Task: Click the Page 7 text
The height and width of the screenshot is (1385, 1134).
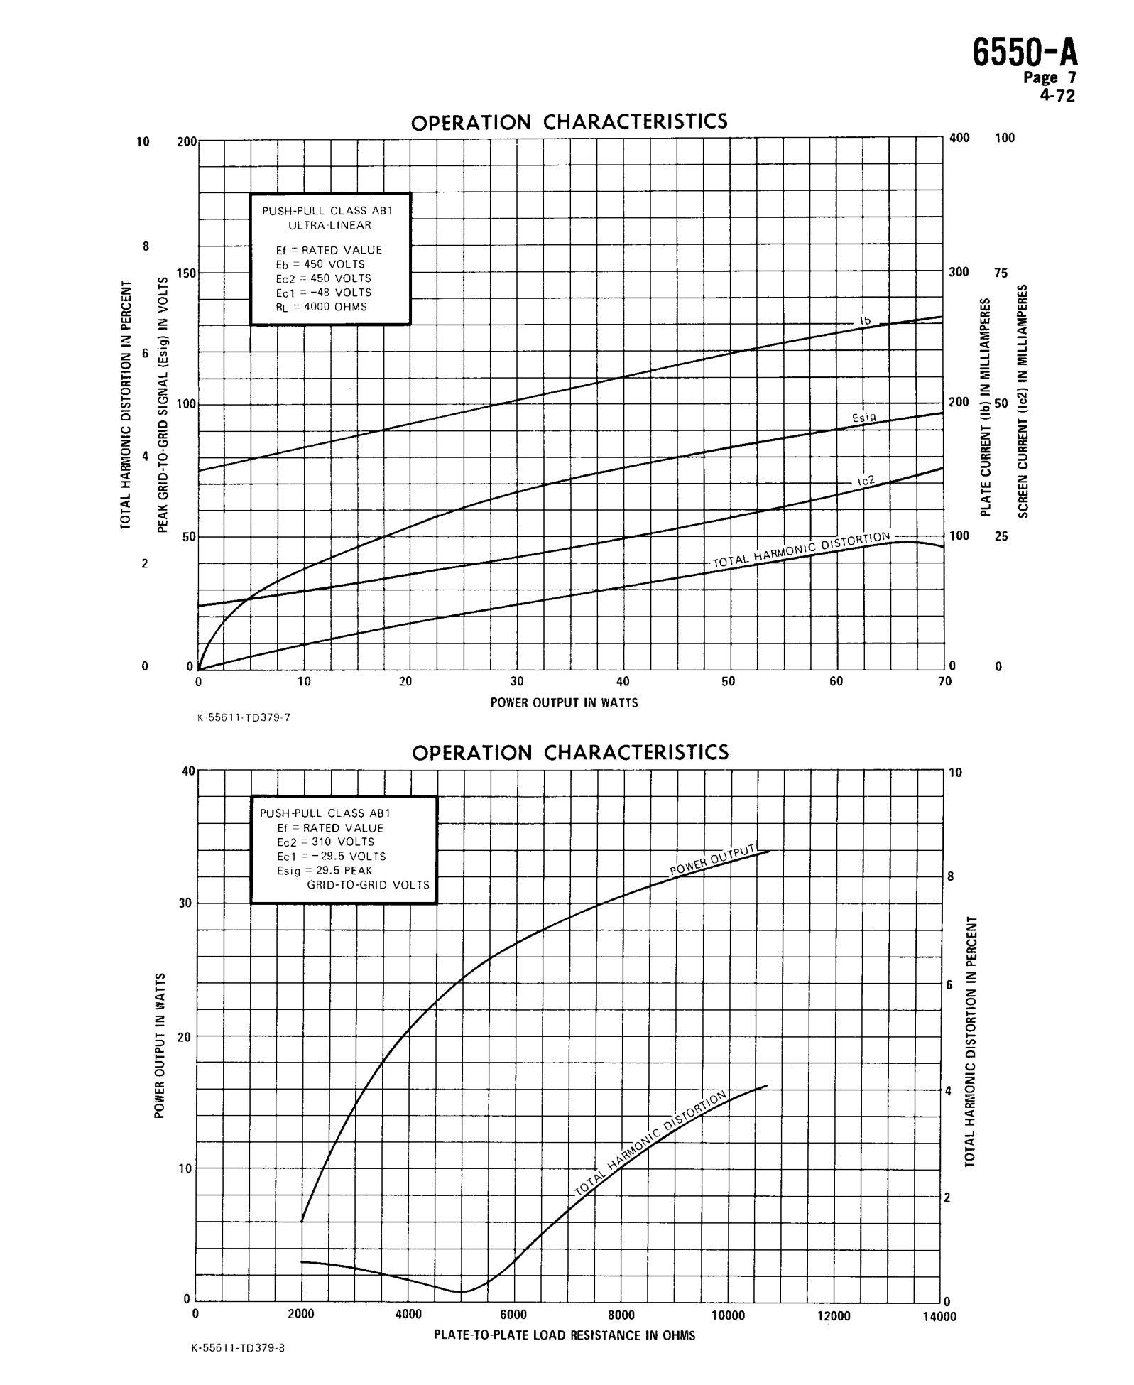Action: [x=1049, y=77]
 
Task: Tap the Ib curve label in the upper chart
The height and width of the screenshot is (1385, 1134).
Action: [x=865, y=321]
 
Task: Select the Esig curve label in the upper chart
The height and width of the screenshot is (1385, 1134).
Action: [x=864, y=418]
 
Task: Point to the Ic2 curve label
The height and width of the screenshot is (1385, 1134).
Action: [x=866, y=482]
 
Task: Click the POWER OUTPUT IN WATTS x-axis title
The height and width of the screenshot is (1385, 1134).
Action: [x=564, y=702]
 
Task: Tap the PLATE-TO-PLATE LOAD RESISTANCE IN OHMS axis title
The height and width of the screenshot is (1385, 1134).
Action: [x=565, y=1335]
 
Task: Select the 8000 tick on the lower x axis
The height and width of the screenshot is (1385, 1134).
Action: [x=621, y=1315]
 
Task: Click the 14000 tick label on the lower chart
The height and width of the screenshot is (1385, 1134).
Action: [x=939, y=1316]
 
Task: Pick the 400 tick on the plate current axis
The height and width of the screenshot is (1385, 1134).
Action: [x=959, y=138]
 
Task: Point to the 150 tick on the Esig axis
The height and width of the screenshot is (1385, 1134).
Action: [x=186, y=273]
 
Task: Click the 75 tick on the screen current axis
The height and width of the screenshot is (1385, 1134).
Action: [x=1000, y=273]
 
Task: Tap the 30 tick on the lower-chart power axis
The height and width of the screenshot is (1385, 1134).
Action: [x=185, y=903]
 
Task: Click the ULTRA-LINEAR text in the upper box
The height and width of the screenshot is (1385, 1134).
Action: [x=330, y=225]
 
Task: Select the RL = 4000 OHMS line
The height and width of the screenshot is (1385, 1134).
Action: [x=322, y=307]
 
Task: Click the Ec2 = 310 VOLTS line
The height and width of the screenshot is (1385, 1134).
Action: [x=325, y=842]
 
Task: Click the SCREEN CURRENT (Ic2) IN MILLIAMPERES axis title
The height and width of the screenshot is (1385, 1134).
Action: [x=1023, y=401]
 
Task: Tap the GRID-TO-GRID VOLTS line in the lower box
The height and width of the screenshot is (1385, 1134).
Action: [x=368, y=885]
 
